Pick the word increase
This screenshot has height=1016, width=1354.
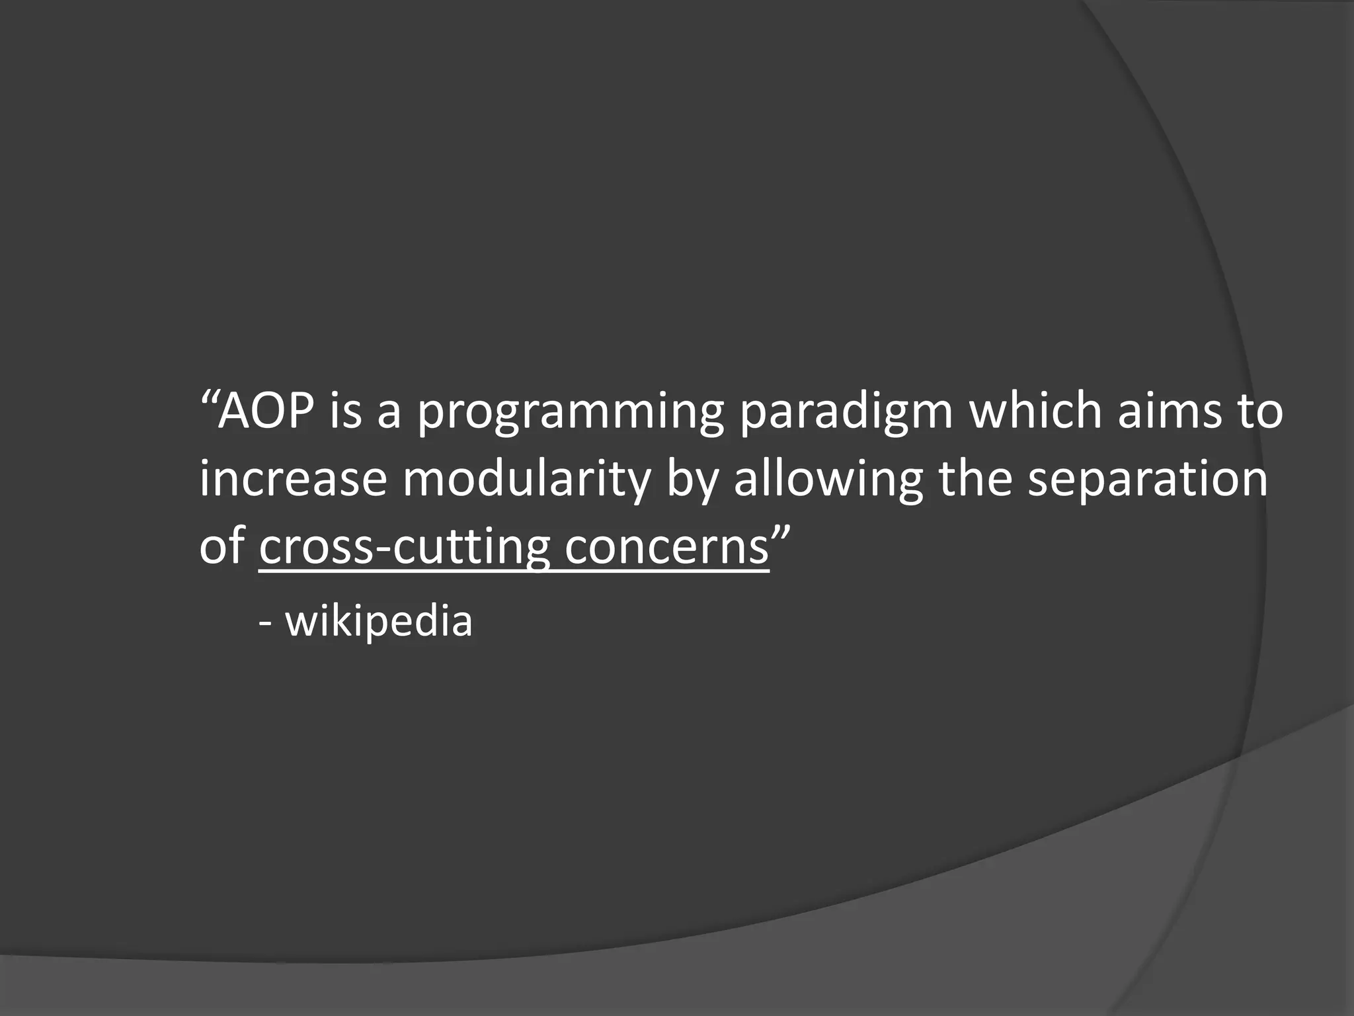pos(292,480)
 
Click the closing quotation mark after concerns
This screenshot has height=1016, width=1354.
pos(781,532)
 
